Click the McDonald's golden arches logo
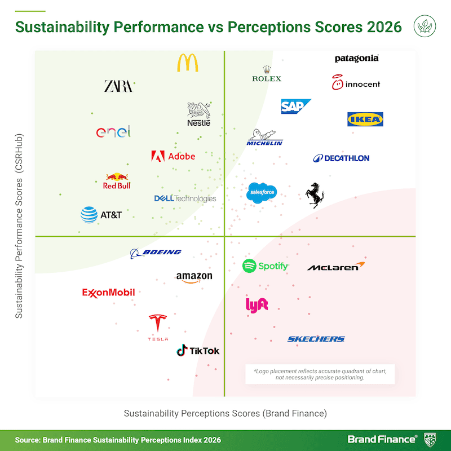pyautogui.click(x=188, y=63)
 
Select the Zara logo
pyautogui.click(x=118, y=86)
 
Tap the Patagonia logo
pyautogui.click(x=356, y=59)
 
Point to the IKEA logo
pyautogui.click(x=365, y=119)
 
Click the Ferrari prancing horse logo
pyautogui.click(x=314, y=195)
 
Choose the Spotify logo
pyautogui.click(x=265, y=266)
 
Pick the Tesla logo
pyautogui.click(x=158, y=328)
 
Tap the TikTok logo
pyautogui.click(x=198, y=351)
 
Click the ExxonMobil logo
pyautogui.click(x=108, y=293)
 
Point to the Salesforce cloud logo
pyautogui.click(x=262, y=192)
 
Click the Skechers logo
pyautogui.click(x=316, y=339)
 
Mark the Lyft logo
pyautogui.click(x=257, y=304)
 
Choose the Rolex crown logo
pyautogui.click(x=266, y=73)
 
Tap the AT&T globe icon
pyautogui.click(x=89, y=215)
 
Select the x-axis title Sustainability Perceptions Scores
pyautogui.click(x=225, y=413)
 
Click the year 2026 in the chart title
pyautogui.click(x=379, y=26)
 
